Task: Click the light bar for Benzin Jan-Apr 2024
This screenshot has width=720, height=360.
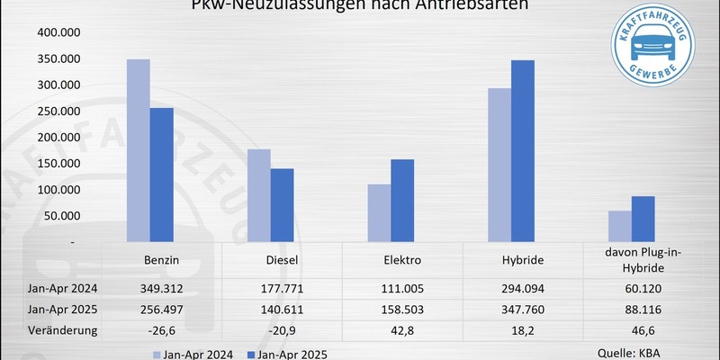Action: point(138,150)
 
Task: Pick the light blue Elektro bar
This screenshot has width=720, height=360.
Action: point(378,212)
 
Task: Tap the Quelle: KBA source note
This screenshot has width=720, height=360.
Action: point(630,353)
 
